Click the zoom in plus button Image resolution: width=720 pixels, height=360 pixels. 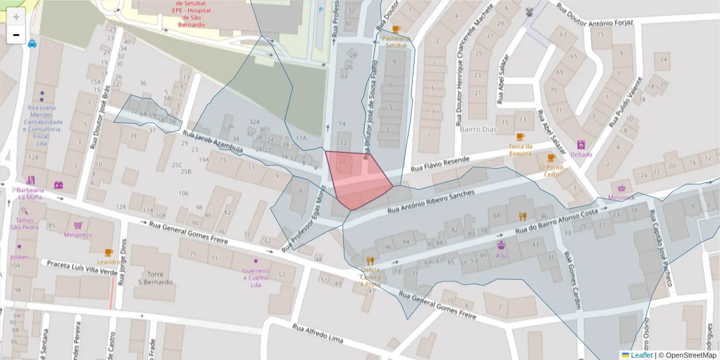coord(16,16)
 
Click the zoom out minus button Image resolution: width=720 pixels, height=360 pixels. coord(16,35)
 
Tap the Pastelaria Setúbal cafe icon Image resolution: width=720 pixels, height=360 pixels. coord(396,29)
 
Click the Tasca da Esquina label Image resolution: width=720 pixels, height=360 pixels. coord(521,149)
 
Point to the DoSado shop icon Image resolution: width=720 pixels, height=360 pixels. coord(581,145)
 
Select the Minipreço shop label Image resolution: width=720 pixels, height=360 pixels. coord(78,235)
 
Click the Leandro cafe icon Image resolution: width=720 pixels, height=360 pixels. coord(108,253)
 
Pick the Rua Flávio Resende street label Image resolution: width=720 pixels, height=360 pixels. coord(440,165)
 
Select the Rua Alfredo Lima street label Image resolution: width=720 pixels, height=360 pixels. coord(317,334)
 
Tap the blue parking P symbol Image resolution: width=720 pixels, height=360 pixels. coord(320,9)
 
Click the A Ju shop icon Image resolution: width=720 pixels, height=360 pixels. coord(501,245)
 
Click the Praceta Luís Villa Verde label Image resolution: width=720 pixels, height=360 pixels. coord(82,267)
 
